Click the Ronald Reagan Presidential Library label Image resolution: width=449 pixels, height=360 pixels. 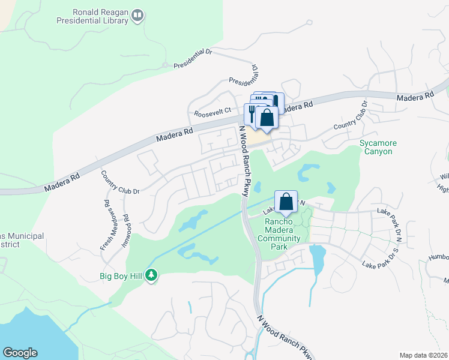[x=100, y=16]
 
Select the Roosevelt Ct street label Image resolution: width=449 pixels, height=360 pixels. [x=212, y=112]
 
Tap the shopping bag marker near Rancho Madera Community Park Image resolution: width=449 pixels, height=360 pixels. [x=286, y=202]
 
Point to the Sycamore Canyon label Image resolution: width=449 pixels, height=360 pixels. [x=376, y=147]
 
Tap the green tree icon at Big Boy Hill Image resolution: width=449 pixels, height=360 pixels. [x=152, y=275]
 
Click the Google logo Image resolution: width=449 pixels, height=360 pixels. [x=20, y=353]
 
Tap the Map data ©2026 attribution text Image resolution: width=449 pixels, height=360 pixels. [x=423, y=355]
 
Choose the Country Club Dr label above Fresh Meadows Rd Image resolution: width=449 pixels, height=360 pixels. [x=120, y=183]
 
